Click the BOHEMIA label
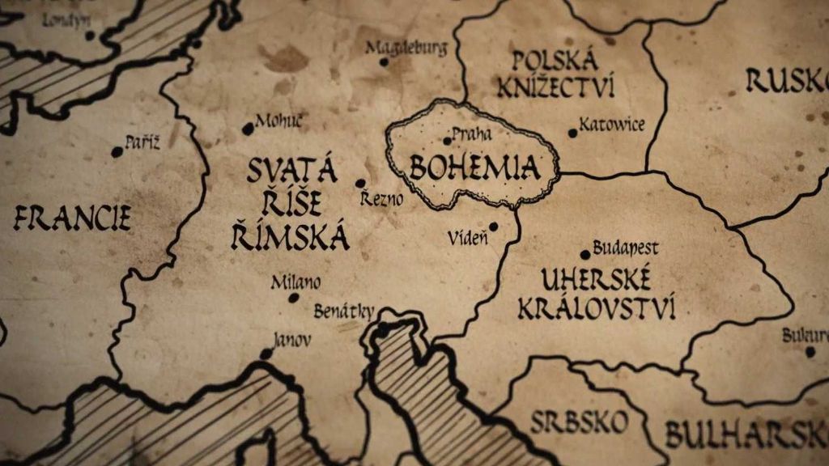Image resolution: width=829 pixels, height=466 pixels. tap(474, 167)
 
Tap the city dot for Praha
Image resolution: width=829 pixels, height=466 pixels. tap(447, 141)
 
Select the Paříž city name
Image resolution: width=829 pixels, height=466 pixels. tap(142, 143)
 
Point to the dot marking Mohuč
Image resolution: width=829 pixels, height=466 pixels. tap(248, 129)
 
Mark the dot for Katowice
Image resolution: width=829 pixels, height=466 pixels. tap(573, 133)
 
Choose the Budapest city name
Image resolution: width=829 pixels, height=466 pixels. tap(625, 248)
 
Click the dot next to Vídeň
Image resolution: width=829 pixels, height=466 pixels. tap(492, 227)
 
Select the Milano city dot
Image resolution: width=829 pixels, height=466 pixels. tap(294, 298)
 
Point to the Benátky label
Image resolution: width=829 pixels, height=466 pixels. tap(344, 311)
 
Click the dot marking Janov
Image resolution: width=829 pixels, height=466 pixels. tap(266, 354)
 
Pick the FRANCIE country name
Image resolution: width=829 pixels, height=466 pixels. tap(72, 218)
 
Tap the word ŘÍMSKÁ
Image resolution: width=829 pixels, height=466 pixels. tap(290, 238)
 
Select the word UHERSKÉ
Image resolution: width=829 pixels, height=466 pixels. tap(596, 281)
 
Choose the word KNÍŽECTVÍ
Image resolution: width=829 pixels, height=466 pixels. tap(555, 87)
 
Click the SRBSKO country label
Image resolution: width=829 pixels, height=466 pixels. tap(579, 422)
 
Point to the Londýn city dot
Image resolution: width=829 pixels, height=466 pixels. tap(90, 36)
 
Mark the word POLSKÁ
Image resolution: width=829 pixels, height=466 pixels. tap(556, 60)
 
